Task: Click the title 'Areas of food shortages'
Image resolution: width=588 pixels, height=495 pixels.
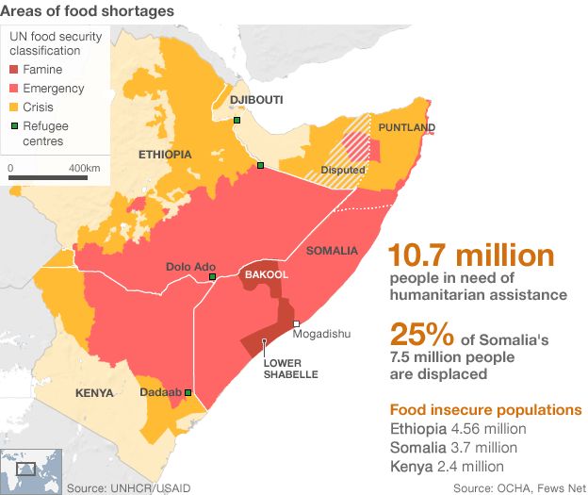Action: (x=87, y=11)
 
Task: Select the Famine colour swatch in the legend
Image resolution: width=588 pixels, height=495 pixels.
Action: (x=15, y=71)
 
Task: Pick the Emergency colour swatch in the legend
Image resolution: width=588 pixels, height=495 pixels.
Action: (x=15, y=90)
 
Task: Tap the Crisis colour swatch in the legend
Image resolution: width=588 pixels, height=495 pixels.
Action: (x=15, y=107)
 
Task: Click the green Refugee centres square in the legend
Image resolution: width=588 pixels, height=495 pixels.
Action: (x=15, y=126)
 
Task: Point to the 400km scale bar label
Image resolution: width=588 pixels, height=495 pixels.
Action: (x=85, y=167)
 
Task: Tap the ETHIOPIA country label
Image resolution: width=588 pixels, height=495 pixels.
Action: (x=165, y=154)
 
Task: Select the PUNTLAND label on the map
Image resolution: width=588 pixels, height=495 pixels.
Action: (x=406, y=127)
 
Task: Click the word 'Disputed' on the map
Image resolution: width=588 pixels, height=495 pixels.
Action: (x=342, y=170)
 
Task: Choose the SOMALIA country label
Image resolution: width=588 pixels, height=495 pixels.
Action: (x=332, y=250)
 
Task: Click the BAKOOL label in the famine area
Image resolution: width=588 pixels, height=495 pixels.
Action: (x=266, y=274)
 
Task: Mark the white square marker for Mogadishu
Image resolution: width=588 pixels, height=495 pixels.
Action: (x=296, y=323)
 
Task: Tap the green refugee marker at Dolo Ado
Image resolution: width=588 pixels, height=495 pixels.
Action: (x=213, y=277)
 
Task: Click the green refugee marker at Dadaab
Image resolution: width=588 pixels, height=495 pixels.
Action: (x=188, y=392)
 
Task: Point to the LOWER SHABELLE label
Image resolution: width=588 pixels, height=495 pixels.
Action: (x=290, y=369)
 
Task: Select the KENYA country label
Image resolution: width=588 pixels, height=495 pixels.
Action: (x=95, y=392)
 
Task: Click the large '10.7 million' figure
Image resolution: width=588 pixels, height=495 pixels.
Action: (x=471, y=256)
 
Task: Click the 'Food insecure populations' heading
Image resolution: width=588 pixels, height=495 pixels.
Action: (x=484, y=410)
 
